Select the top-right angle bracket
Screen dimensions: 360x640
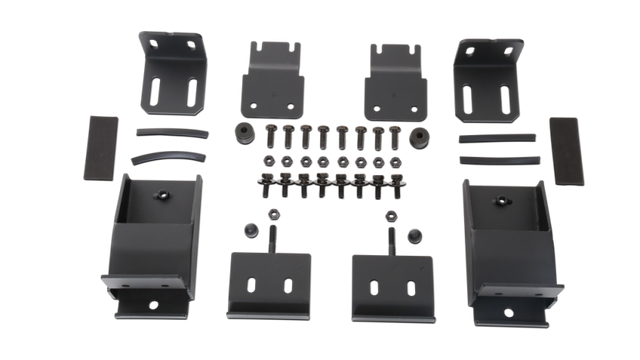point(488,75)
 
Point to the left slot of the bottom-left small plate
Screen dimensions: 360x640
point(251,284)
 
